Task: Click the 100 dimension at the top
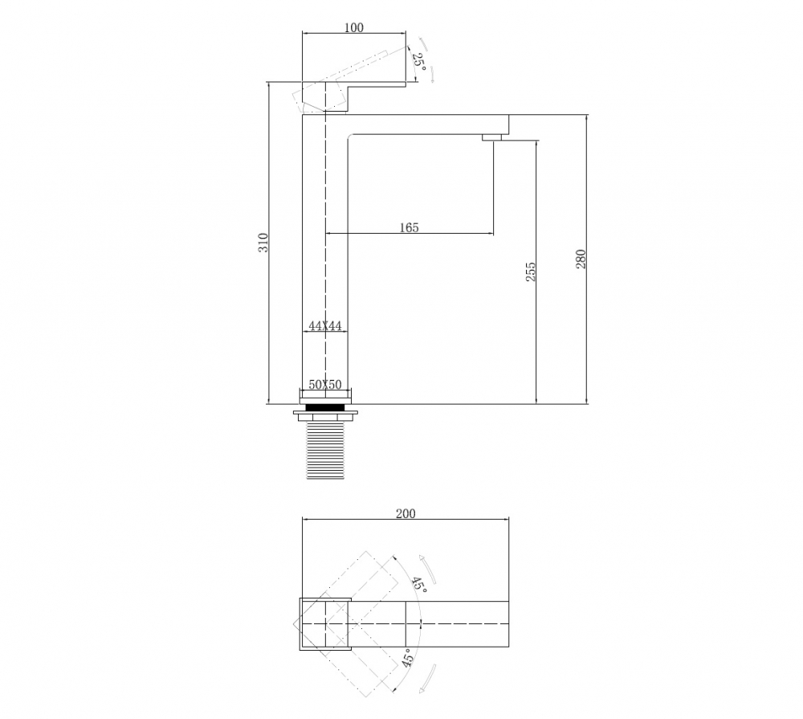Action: click(353, 27)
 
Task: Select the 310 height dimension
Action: click(263, 243)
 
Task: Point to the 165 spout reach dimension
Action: click(409, 228)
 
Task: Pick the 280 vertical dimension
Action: click(581, 259)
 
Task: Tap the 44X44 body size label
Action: click(325, 325)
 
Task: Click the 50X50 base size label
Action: click(325, 386)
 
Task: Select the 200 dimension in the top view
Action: click(406, 514)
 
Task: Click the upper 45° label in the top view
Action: click(418, 585)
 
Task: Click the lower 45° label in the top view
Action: click(408, 659)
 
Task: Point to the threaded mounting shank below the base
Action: click(325, 450)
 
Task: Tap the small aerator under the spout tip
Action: click(492, 139)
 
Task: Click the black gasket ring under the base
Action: click(325, 407)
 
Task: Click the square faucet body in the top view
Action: click(325, 623)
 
